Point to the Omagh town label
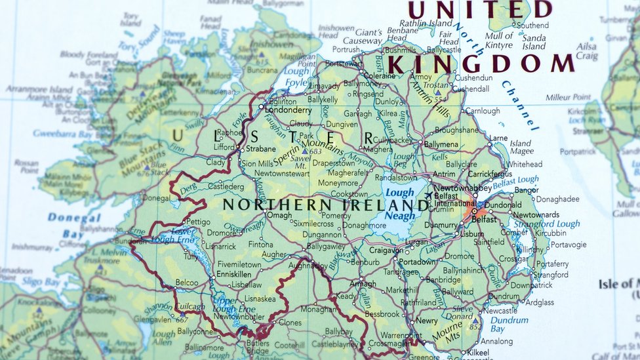279,215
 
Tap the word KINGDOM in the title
481,64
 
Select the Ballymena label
441,144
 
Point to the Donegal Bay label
73,226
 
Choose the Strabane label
261,149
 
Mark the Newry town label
426,321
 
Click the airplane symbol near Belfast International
428,194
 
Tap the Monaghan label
318,309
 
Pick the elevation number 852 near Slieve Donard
475,326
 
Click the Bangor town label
526,190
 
